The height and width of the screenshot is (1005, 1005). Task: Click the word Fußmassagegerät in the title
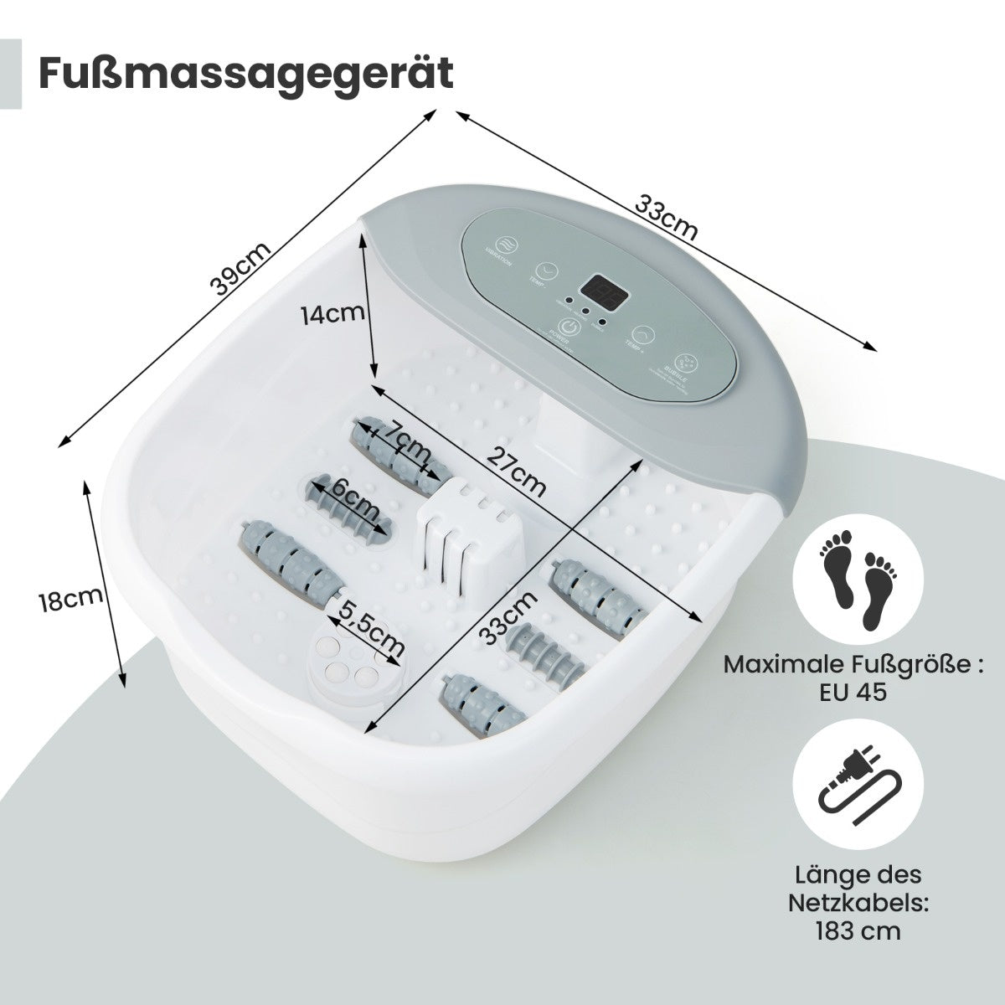coord(246,73)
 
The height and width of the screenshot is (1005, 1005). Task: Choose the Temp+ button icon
coord(642,336)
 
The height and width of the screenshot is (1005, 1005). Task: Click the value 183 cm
coord(855,930)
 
